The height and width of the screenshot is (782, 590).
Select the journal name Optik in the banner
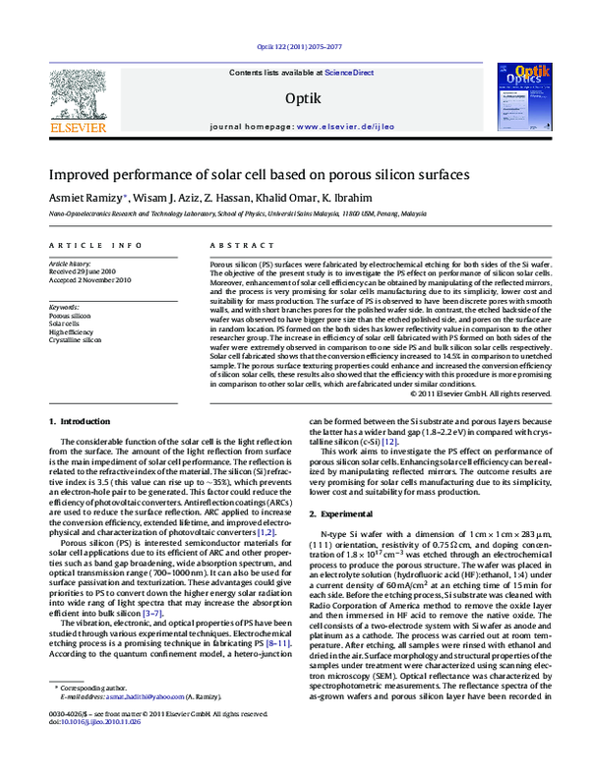tap(298, 97)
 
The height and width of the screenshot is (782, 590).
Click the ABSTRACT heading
tap(235, 243)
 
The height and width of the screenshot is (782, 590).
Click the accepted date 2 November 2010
tap(92, 279)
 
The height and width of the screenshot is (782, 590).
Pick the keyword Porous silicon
tap(69, 315)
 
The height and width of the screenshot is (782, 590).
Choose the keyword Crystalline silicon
tap(75, 338)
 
